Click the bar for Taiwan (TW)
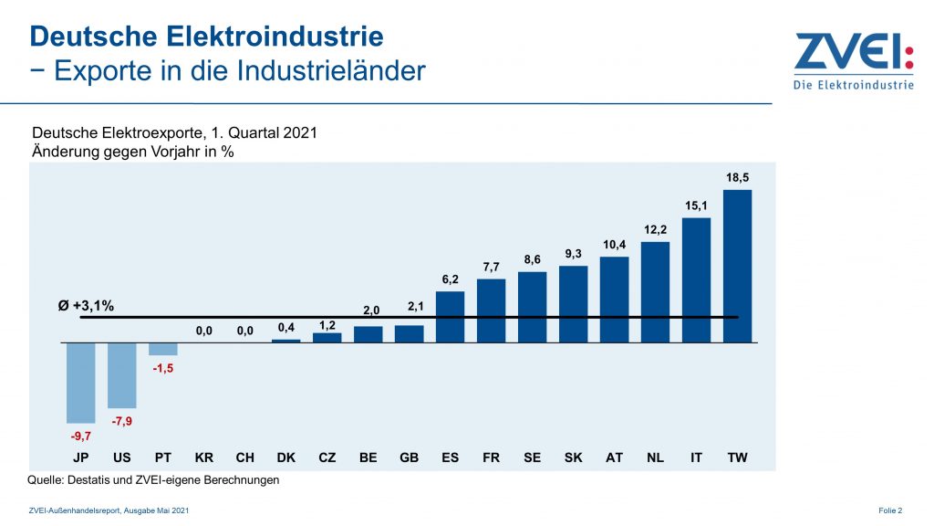pyautogui.click(x=737, y=266)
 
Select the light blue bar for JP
pyautogui.click(x=81, y=382)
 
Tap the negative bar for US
pyautogui.click(x=122, y=374)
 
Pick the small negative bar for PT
pyautogui.click(x=163, y=349)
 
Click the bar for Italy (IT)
pyautogui.click(x=696, y=279)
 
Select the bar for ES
pyautogui.click(x=451, y=317)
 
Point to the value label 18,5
pyautogui.click(x=738, y=176)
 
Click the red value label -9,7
pyautogui.click(x=81, y=437)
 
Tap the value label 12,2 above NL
pyautogui.click(x=656, y=229)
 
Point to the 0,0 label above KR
pyautogui.click(x=204, y=331)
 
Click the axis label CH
pyautogui.click(x=245, y=457)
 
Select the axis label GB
pyautogui.click(x=410, y=457)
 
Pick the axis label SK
pyautogui.click(x=574, y=457)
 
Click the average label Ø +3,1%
pyautogui.click(x=86, y=306)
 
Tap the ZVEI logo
pyautogui.click(x=853, y=62)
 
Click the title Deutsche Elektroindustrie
pyautogui.click(x=207, y=37)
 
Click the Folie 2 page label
pyautogui.click(x=890, y=510)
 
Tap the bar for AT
pyautogui.click(x=615, y=300)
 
